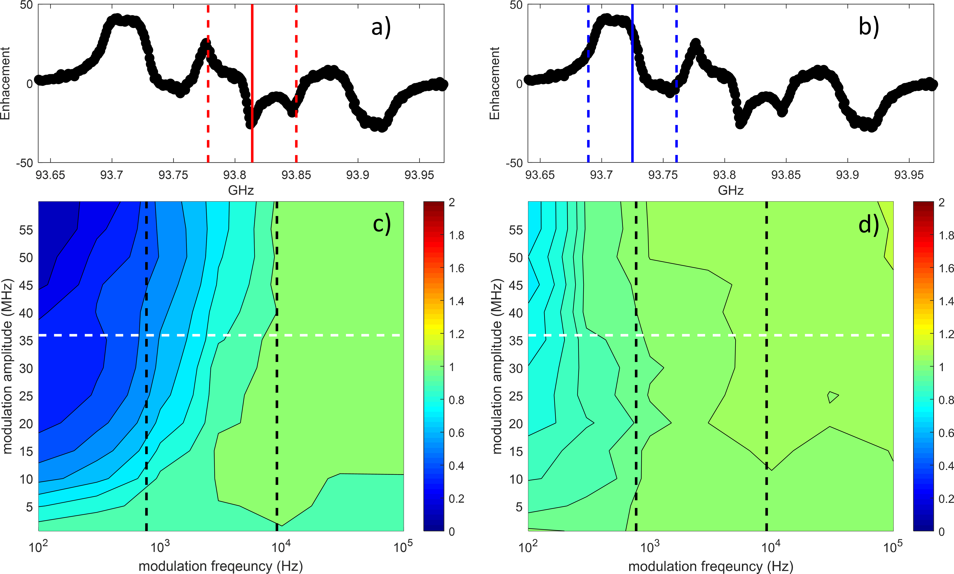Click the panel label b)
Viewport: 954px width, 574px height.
869,28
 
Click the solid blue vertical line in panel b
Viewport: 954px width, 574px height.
632,116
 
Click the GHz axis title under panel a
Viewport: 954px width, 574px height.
241,190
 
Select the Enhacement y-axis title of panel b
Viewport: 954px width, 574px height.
495,84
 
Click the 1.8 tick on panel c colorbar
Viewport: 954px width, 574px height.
456,235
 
